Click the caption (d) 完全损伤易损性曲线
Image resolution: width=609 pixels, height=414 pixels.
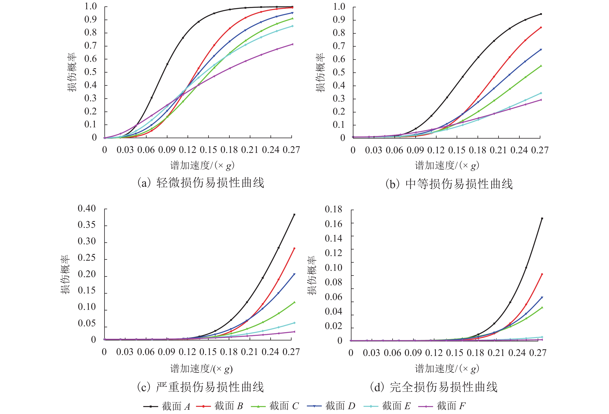point(434,387)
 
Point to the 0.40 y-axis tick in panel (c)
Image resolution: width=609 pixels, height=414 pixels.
point(87,209)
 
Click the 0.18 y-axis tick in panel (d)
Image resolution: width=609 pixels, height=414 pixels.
point(333,209)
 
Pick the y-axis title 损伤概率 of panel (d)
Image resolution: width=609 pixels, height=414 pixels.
point(312,275)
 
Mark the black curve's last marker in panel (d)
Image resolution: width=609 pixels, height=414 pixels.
point(542,218)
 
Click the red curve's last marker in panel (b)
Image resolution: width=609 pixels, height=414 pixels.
point(541,27)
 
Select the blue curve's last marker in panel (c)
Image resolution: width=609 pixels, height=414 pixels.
point(294,274)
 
